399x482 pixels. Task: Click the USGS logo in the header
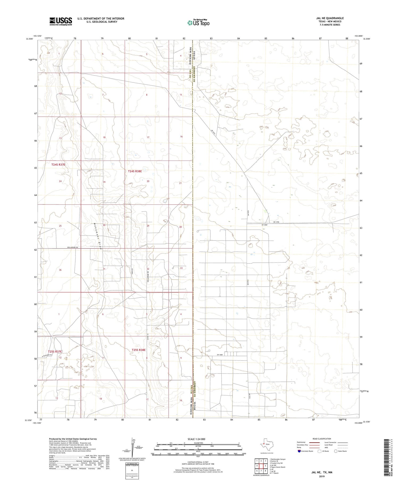coord(61,21)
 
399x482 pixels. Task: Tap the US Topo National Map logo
coord(198,23)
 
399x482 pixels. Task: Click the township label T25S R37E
coord(55,351)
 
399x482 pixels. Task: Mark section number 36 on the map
coord(60,270)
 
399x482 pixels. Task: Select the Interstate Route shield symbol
coord(300,451)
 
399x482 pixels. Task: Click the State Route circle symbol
coord(336,451)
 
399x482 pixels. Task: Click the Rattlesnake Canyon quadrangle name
coord(277,459)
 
